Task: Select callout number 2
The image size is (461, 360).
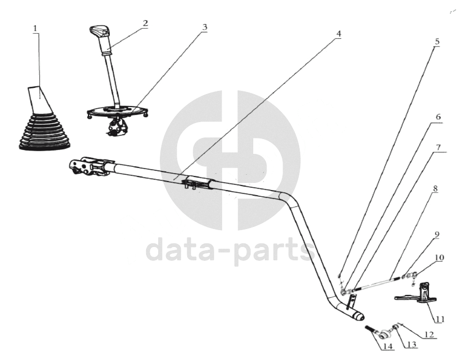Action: (x=145, y=23)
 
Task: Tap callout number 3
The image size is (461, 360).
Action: (x=205, y=27)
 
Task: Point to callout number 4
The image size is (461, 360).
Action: (x=338, y=34)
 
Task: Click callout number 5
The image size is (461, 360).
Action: (x=437, y=41)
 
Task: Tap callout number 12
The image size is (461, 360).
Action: (x=429, y=335)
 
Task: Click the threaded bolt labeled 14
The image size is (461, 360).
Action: (x=371, y=330)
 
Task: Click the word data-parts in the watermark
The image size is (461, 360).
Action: (x=230, y=249)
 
